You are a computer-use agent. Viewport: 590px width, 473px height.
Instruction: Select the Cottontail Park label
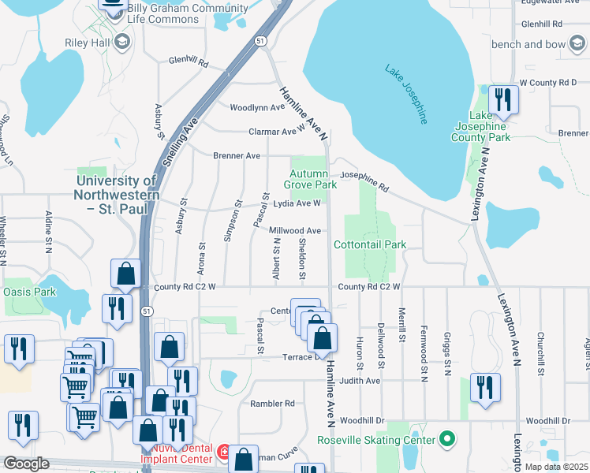(x=370, y=244)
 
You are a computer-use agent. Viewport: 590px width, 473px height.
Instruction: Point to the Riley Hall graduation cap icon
(x=121, y=41)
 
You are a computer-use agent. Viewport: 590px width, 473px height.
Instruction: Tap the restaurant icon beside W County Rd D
(x=502, y=99)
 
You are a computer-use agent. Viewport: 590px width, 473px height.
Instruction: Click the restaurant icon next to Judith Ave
(x=484, y=388)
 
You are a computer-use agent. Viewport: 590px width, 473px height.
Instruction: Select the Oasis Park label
(x=29, y=292)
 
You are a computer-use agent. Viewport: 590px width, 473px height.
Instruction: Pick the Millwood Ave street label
(x=295, y=231)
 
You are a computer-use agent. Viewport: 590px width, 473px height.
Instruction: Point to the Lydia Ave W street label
(x=297, y=203)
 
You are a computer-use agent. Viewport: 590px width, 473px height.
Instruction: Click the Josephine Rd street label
(x=364, y=182)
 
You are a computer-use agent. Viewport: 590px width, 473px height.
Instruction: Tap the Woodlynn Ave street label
(x=256, y=107)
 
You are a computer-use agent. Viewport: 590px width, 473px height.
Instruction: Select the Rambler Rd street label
(x=272, y=404)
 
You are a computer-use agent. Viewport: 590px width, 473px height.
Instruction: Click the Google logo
(x=27, y=463)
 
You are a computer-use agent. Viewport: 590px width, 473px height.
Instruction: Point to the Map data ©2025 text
(x=556, y=467)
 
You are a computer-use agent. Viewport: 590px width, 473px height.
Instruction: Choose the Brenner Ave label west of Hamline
(x=237, y=156)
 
